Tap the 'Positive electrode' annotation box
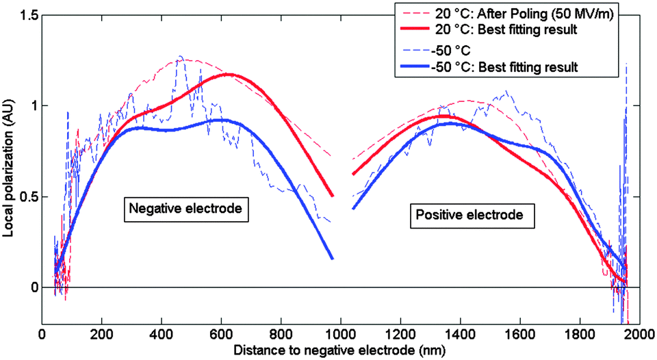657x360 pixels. (x=469, y=215)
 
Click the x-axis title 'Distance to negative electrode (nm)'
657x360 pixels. (x=340, y=349)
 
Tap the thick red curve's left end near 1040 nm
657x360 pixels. (x=353, y=174)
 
